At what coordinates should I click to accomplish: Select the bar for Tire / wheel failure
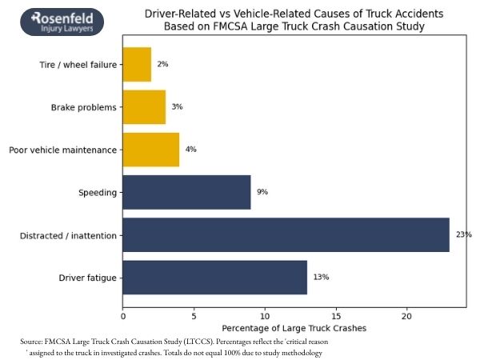pos(137,65)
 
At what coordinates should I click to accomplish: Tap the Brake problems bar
pos(144,107)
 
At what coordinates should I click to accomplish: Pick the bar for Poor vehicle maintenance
pos(151,150)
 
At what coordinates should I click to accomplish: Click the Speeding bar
pos(186,192)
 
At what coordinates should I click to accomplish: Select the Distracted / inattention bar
pos(286,234)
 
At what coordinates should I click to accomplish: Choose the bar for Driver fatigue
pos(214,277)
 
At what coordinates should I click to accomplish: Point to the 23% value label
pos(464,234)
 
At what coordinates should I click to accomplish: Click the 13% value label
pos(321,277)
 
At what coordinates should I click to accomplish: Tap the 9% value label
pos(262,192)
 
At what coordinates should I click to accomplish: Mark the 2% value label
pos(162,65)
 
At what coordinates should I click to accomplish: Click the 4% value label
pos(190,150)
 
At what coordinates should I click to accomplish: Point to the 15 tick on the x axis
pos(336,314)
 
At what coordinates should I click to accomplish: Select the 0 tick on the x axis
pos(123,314)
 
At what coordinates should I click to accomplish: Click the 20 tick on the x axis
pos(407,314)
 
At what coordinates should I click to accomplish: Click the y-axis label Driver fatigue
pos(87,278)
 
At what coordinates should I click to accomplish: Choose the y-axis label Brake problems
pos(83,107)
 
